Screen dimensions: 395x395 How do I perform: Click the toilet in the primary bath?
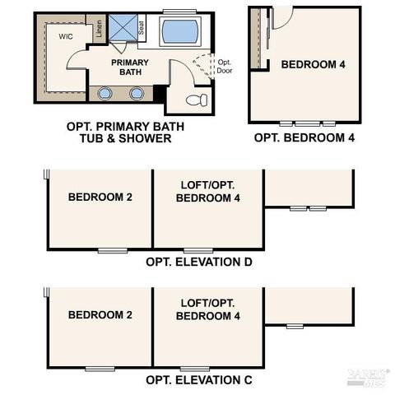point(197,100)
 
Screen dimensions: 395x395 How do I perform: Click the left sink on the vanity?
point(105,92)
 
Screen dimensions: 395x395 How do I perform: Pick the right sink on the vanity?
point(137,92)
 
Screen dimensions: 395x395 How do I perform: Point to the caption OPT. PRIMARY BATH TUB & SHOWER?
point(125,132)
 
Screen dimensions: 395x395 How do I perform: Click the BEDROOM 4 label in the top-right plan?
point(313,64)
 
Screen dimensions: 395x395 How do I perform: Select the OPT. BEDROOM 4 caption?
point(304,138)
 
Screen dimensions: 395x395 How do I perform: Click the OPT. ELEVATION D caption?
point(198,263)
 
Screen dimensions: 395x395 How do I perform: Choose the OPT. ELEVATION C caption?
point(198,380)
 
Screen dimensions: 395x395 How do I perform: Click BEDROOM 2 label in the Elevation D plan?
point(100,197)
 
